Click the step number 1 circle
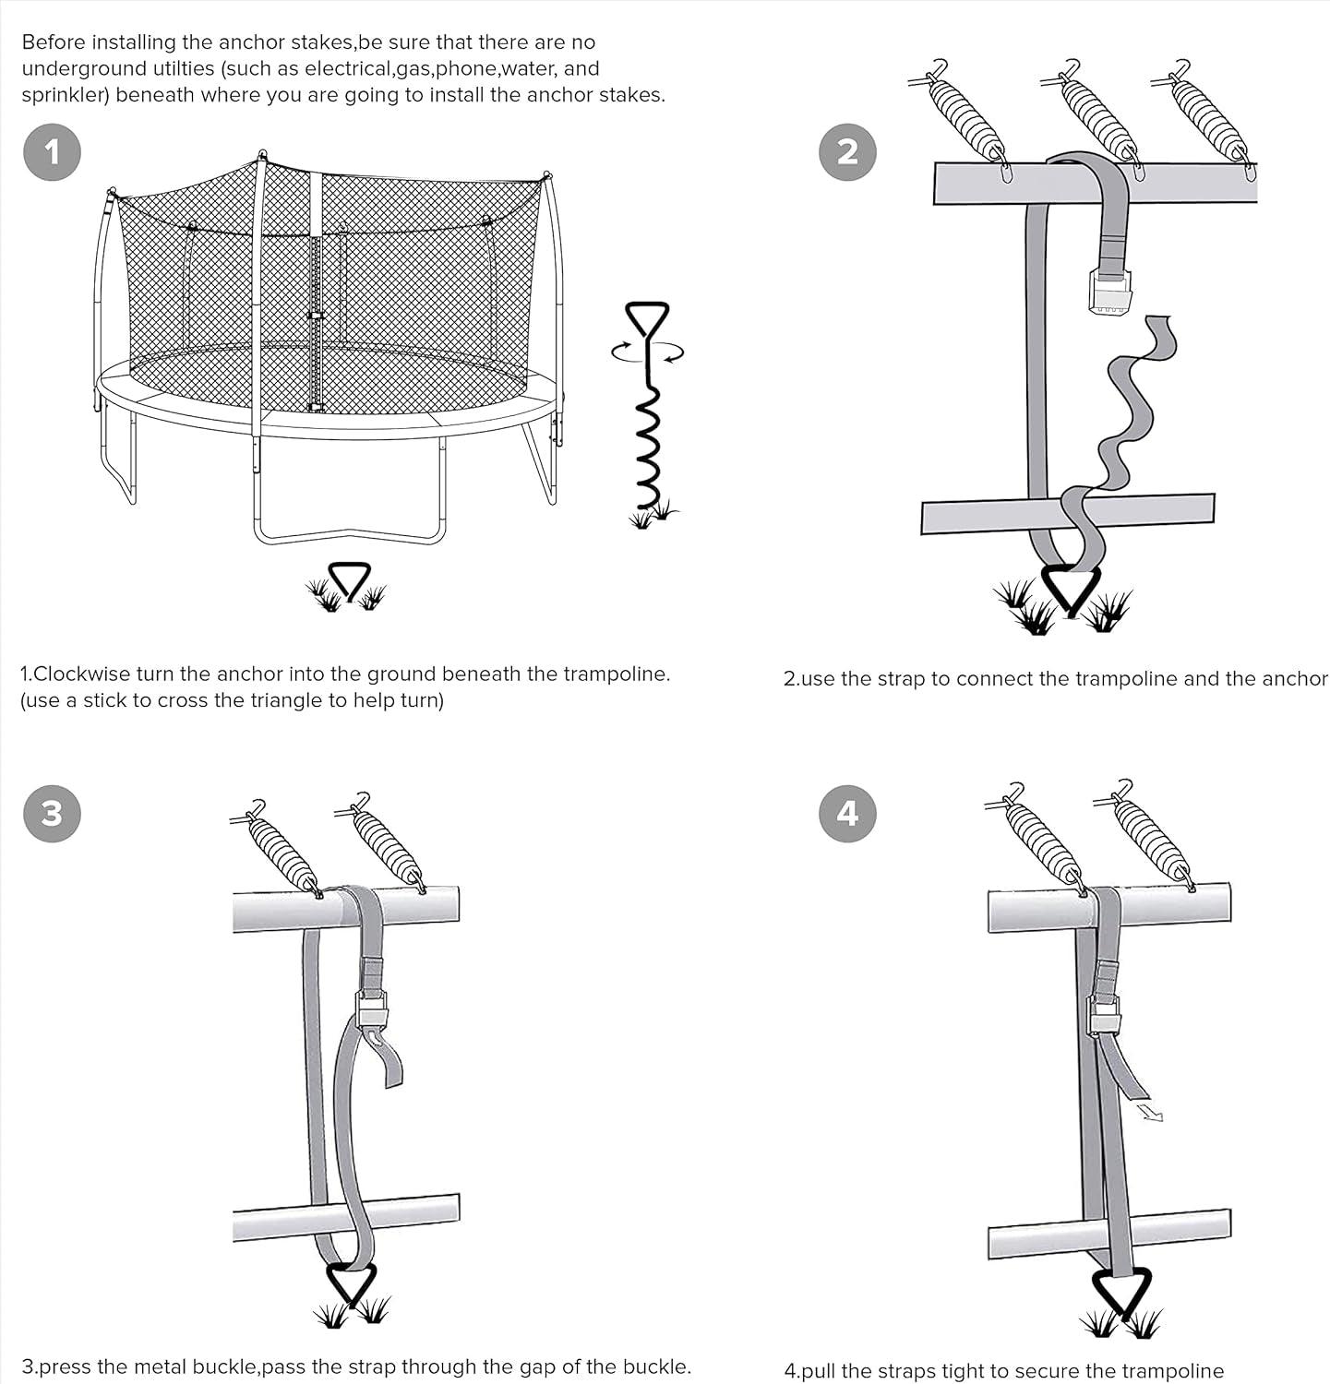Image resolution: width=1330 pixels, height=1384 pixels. [x=52, y=151]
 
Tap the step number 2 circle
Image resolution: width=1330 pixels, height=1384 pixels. [x=847, y=151]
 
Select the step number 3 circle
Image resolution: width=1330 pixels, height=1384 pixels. [x=52, y=813]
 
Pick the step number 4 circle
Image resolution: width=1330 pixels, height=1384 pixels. [x=847, y=813]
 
